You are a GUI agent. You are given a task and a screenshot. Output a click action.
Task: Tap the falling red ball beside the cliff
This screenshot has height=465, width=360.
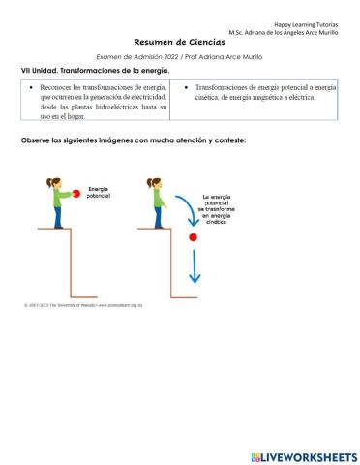(x=193, y=236)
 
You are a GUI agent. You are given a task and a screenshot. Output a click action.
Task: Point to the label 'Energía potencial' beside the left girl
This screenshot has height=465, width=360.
(x=99, y=191)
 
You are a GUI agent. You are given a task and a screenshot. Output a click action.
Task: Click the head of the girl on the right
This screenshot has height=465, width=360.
(x=154, y=182)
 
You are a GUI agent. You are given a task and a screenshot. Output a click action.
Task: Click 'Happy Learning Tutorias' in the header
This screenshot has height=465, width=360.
(x=312, y=22)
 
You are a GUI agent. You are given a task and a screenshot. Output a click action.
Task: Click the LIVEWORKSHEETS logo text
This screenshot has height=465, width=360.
(x=309, y=456)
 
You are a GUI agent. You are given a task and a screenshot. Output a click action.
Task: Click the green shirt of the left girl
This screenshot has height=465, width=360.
(x=54, y=198)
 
